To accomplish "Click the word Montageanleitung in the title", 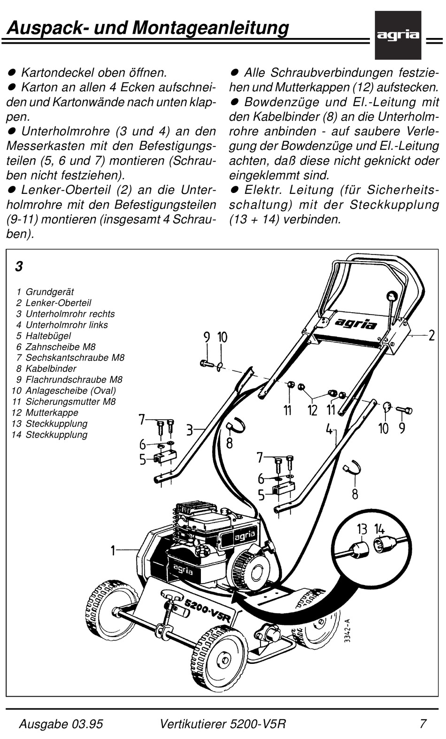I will pos(210,28).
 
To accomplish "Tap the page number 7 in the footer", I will pos(423,724).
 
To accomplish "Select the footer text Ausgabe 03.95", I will pos(61,724).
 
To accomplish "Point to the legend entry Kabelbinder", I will pos(51,369).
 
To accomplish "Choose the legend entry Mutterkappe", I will pos(52,413).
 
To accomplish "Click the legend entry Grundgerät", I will pos(49,292).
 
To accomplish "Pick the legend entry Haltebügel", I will pos(48,336).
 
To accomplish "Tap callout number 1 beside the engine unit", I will pos(113,550).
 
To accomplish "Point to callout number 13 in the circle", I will pos(361,530).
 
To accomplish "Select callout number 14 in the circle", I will pos(379,530).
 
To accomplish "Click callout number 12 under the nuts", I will pos(313,411).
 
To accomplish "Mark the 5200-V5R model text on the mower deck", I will pos(207,609).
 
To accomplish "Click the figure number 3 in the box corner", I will pos(19,267).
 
